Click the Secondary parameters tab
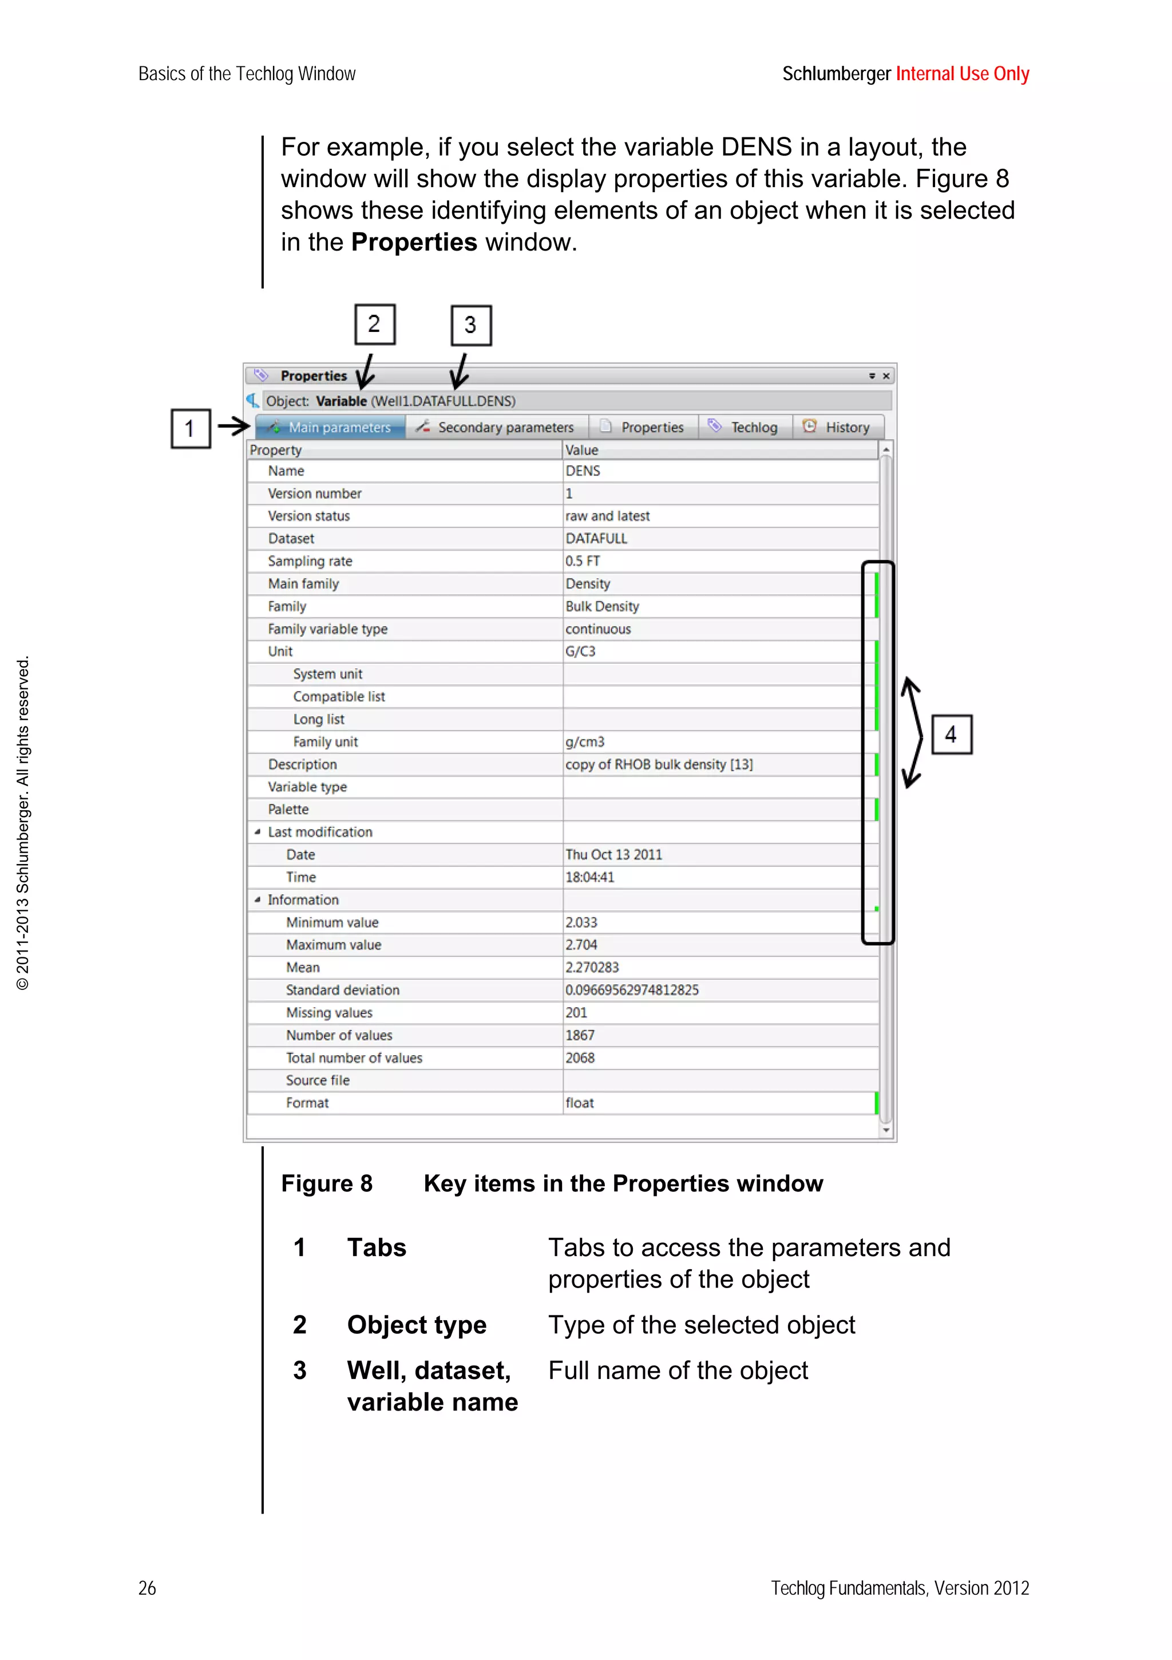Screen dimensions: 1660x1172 tap(497, 427)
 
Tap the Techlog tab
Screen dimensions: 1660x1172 tap(745, 427)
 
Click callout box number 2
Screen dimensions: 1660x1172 tap(374, 324)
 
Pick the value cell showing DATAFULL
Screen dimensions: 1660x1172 tap(596, 538)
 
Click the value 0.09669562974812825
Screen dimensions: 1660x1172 tap(632, 990)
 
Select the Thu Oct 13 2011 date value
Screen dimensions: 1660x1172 tap(613, 854)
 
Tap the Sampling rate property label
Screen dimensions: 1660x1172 tap(310, 561)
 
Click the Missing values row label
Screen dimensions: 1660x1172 tap(329, 1013)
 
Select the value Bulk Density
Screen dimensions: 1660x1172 tap(602, 607)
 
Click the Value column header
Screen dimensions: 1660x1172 tap(582, 450)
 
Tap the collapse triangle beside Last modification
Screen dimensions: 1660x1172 tap(258, 832)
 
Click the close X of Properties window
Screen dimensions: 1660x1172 tap(886, 376)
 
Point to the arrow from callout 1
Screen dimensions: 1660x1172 tap(233, 426)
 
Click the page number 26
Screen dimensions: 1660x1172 tap(146, 1588)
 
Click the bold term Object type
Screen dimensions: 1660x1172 tap(417, 1325)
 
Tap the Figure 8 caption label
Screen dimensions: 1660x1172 tap(327, 1183)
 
